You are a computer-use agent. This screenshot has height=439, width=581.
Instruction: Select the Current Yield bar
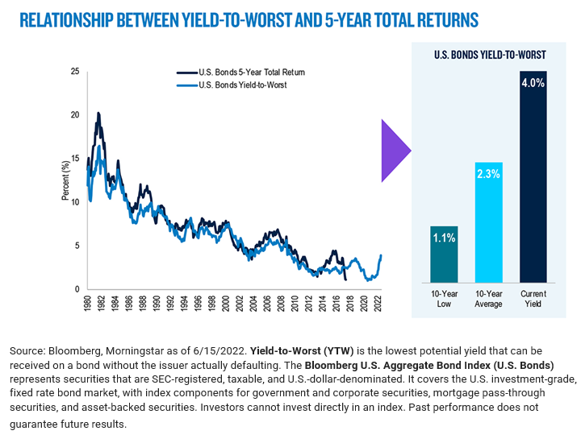click(x=533, y=177)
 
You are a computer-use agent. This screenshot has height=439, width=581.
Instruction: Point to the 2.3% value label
click(x=488, y=176)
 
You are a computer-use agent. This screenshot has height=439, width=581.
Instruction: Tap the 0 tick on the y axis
click(x=77, y=289)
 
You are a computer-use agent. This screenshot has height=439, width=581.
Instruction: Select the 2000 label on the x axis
click(x=225, y=304)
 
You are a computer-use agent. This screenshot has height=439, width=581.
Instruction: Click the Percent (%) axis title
click(x=64, y=180)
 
